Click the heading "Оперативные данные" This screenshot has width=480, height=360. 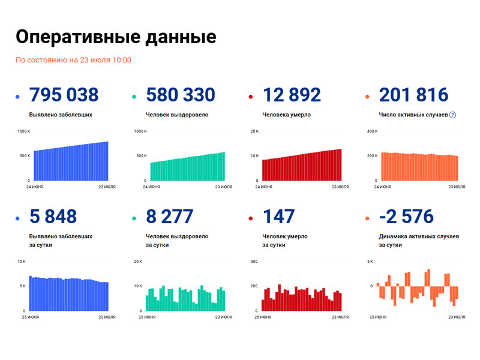pyautogui.click(x=115, y=37)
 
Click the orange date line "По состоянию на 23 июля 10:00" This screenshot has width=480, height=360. pyautogui.click(x=73, y=60)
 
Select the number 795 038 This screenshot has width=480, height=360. pyautogui.click(x=64, y=95)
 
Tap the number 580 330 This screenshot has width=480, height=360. pyautogui.click(x=180, y=95)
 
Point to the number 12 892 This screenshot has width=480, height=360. pyautogui.click(x=292, y=95)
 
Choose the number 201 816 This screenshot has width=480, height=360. pyautogui.click(x=413, y=95)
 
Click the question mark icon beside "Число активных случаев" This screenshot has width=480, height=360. pyautogui.click(x=453, y=115)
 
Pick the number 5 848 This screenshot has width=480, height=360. pyautogui.click(x=53, y=217)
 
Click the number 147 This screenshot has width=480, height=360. pyautogui.click(x=278, y=217)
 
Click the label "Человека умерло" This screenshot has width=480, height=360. pyautogui.click(x=286, y=115)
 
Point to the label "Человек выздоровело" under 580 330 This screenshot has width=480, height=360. pyautogui.click(x=177, y=115)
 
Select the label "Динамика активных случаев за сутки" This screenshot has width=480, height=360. pyautogui.click(x=418, y=241)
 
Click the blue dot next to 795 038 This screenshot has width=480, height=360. pyautogui.click(x=18, y=97)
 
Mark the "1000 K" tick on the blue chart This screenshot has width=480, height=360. pyautogui.click(x=23, y=131)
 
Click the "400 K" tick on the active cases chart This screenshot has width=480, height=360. pyautogui.click(x=371, y=131)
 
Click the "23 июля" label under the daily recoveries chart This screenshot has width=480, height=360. pyautogui.click(x=223, y=316)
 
